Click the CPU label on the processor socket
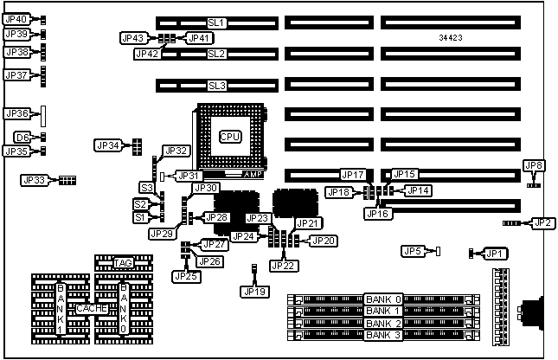[230, 136]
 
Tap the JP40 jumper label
[16, 19]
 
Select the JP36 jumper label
[17, 113]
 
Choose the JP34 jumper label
[109, 145]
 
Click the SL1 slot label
[216, 22]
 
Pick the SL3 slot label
[216, 86]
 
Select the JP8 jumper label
[534, 165]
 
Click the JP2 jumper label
[543, 223]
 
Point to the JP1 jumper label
[493, 254]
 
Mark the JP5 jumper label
[413, 251]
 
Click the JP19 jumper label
[253, 291]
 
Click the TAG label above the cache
[122, 263]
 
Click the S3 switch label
[146, 188]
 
